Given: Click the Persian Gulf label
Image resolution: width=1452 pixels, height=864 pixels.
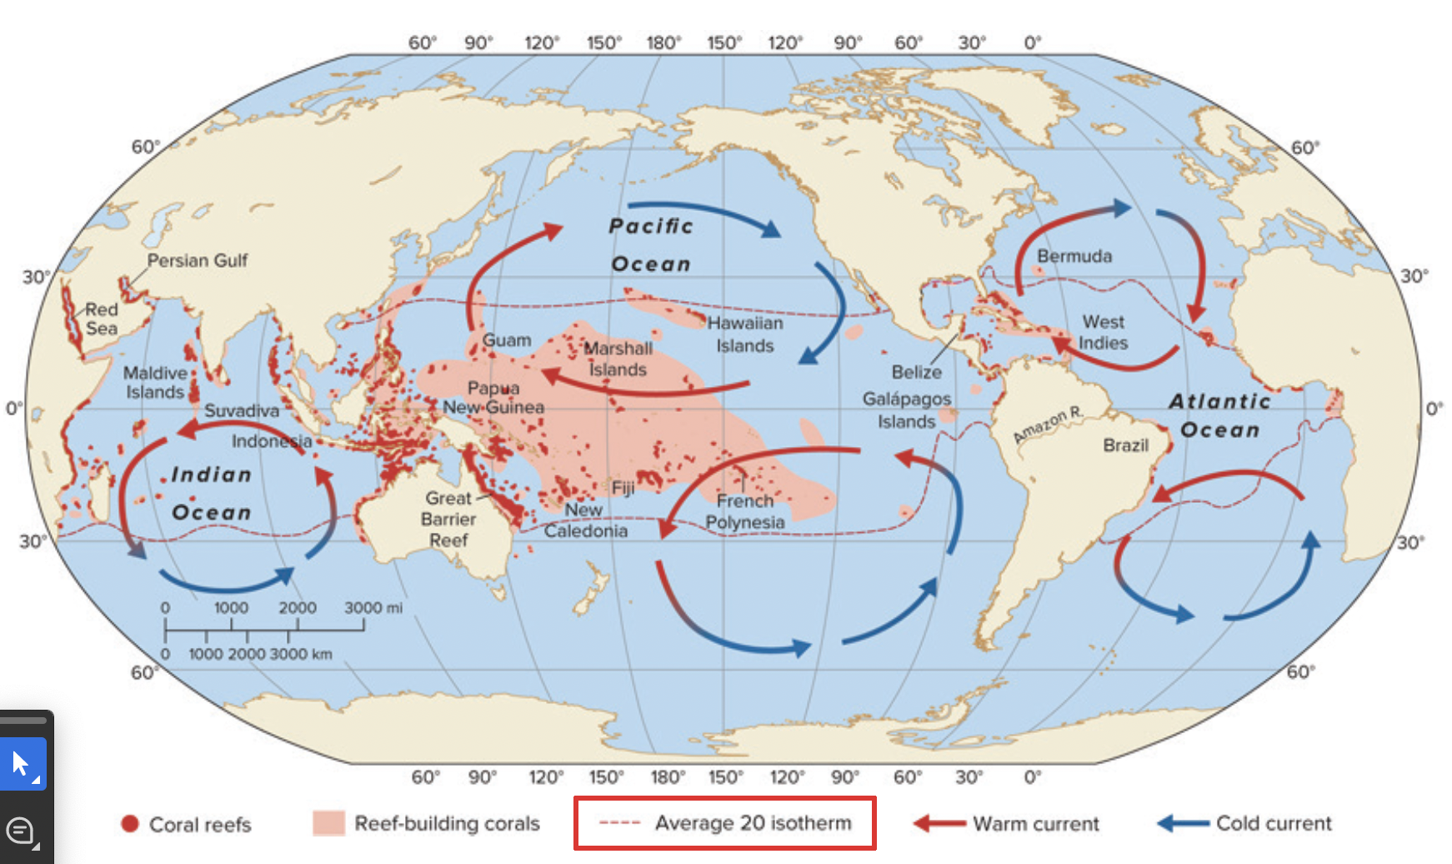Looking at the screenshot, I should point(198,260).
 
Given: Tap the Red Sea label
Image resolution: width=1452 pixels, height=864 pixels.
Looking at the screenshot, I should point(102,319).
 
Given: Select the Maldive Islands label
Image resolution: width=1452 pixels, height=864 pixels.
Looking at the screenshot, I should point(155,382).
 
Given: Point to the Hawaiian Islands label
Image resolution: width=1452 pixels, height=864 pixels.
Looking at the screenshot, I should point(745,334).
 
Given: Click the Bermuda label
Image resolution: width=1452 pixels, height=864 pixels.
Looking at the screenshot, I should point(1074,256).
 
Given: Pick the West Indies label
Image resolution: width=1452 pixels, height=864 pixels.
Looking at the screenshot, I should point(1103,332).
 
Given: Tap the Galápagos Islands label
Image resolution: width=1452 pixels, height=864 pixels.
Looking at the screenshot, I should point(907,409).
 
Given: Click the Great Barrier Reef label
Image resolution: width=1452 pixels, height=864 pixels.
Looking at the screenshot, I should point(448,519).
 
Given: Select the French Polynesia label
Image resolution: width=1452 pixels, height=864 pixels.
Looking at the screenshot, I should point(745,511).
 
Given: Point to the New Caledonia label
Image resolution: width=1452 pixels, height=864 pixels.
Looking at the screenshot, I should point(585,520).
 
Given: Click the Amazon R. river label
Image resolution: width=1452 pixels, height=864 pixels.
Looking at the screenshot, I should point(1048,424).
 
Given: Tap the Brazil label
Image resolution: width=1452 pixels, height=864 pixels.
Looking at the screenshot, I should point(1125,445).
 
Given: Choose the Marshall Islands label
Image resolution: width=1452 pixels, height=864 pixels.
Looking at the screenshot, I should point(618,359).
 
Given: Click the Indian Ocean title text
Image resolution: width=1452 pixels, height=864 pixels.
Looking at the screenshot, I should point(212,493).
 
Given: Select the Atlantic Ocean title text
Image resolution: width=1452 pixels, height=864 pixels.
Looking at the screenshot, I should point(1219,415).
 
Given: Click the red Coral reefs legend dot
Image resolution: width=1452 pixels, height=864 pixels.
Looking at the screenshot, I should point(129,824).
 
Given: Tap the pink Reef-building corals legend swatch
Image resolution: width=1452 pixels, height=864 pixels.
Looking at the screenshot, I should point(328,823).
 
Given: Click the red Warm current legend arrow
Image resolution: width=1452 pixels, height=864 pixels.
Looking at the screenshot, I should point(939,824).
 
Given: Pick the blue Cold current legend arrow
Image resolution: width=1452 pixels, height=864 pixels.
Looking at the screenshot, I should point(1183,824).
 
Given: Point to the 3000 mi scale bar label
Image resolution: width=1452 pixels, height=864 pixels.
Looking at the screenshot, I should point(373,608).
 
